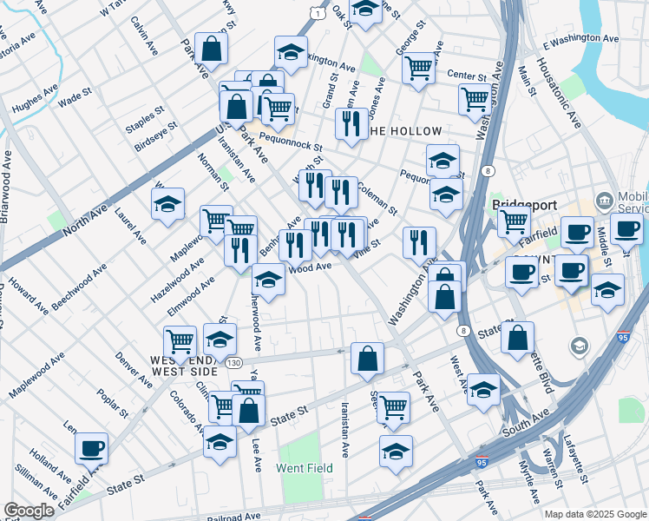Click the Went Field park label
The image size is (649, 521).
(305, 468)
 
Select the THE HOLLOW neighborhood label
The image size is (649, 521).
(405, 131)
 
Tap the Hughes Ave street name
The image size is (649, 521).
(34, 102)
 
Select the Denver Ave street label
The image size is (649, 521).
(134, 371)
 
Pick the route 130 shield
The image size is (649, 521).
(234, 363)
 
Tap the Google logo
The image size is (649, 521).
(29, 511)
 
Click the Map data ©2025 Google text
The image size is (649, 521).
(594, 514)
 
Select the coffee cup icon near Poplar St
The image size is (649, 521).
(91, 448)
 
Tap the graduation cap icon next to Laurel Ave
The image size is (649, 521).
(167, 203)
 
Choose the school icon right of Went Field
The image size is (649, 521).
(396, 451)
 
